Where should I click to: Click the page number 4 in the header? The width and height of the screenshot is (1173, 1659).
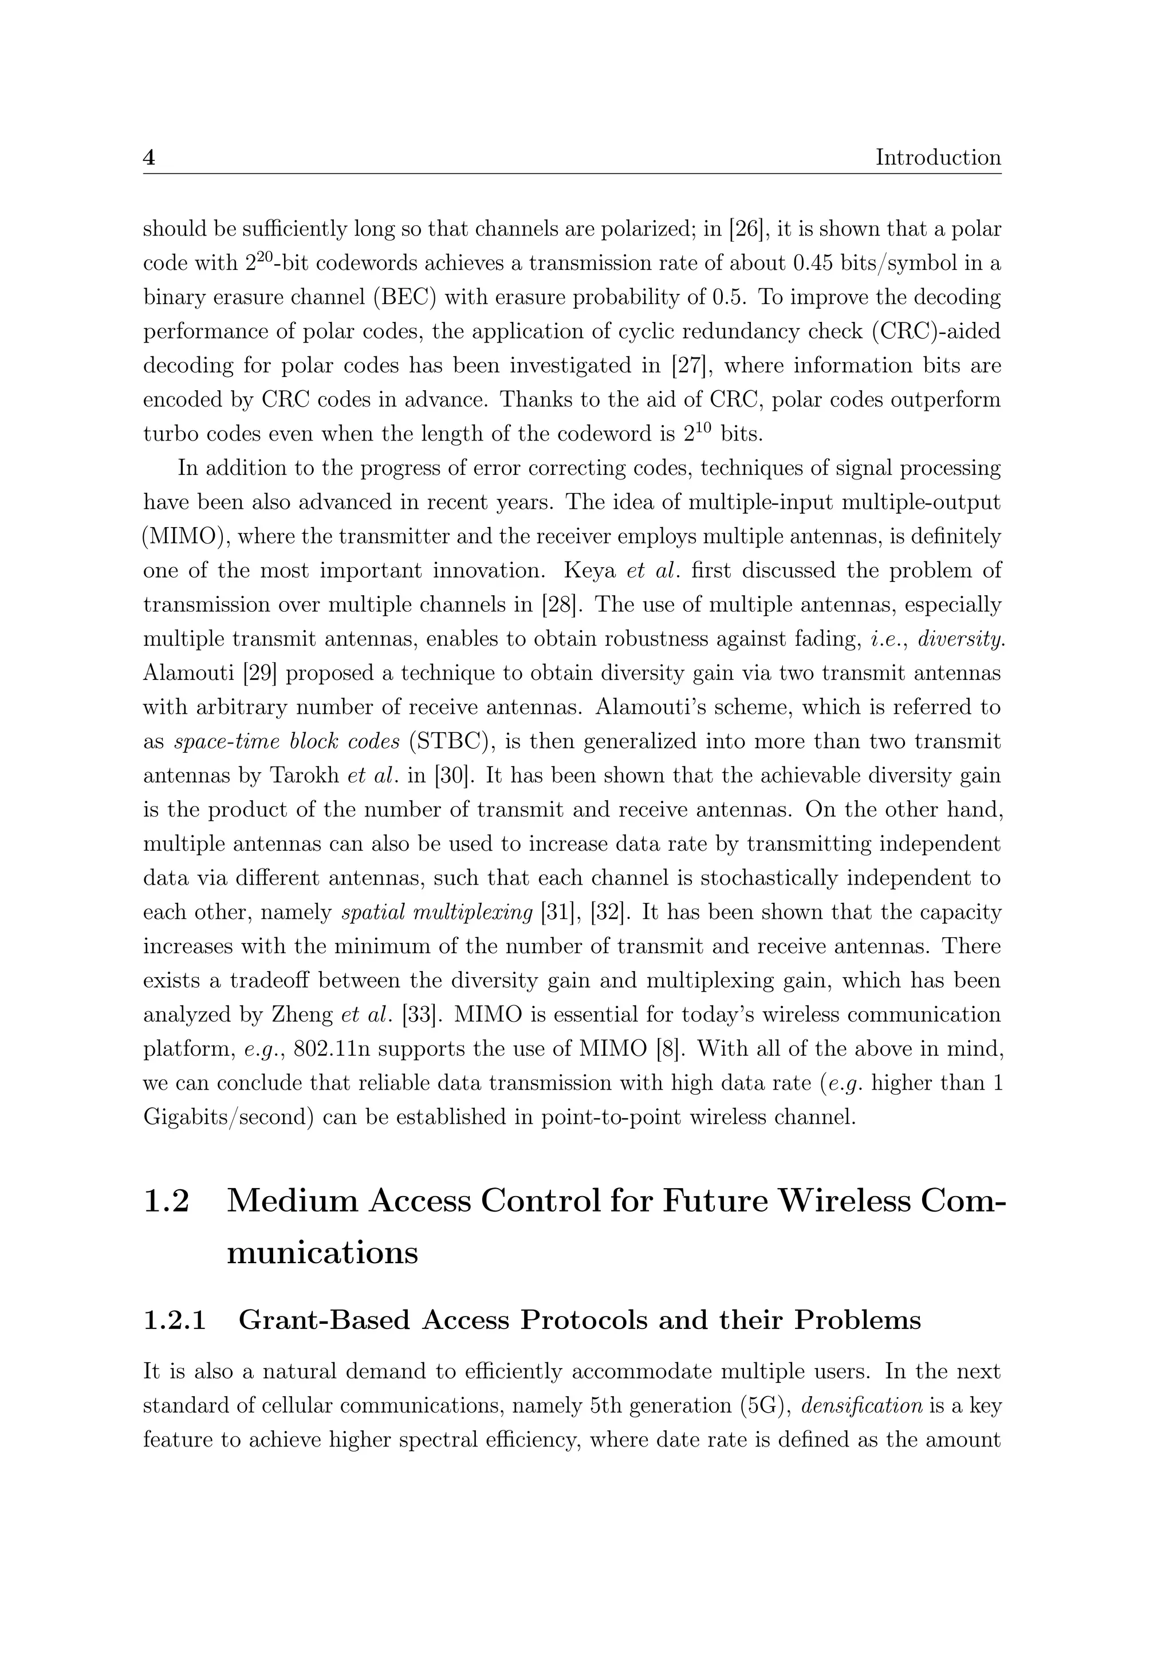[149, 158]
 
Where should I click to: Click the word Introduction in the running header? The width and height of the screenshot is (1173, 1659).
[938, 158]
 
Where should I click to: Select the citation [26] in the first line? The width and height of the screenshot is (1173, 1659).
[748, 229]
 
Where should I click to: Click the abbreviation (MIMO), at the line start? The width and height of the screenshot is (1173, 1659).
[187, 537]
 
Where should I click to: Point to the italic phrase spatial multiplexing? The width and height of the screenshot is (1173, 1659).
[436, 913]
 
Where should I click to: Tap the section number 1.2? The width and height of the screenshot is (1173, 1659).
[166, 1202]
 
